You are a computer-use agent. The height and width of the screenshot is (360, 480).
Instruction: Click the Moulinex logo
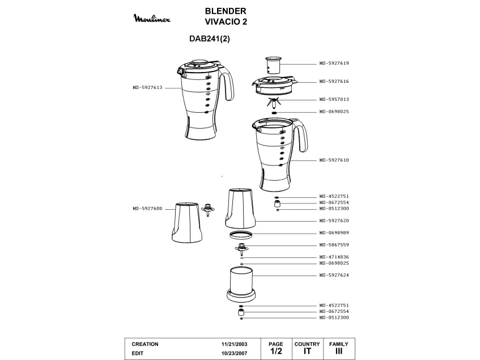tap(152, 18)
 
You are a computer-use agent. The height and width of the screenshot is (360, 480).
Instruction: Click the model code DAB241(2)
tap(209, 39)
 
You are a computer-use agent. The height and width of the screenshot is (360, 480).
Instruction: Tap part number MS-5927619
tap(334, 63)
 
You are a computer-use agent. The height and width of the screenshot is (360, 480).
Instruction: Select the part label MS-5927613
tap(147, 87)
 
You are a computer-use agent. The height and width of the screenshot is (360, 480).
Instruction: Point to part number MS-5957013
tap(334, 99)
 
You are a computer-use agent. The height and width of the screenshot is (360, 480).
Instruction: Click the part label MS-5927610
tap(334, 160)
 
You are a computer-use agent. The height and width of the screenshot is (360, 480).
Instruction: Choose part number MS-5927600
tap(147, 209)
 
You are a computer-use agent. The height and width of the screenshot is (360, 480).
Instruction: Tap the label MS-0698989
tap(334, 233)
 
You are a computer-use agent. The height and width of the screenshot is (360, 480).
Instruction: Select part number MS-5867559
tap(334, 245)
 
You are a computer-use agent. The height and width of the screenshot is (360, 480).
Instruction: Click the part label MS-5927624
tap(334, 275)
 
